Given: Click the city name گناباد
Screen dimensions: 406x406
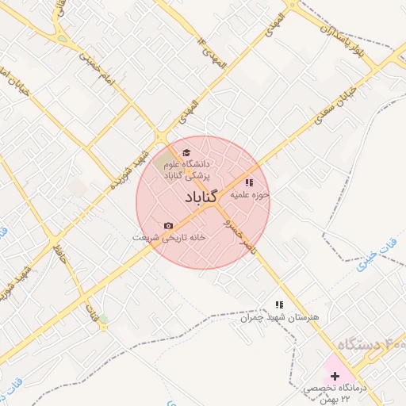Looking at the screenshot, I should (x=204, y=197).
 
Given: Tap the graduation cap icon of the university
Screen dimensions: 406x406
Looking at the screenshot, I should (x=186, y=153).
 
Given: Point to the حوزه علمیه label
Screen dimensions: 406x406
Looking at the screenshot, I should (x=255, y=194).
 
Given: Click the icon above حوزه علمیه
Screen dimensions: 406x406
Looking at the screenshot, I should (x=249, y=183).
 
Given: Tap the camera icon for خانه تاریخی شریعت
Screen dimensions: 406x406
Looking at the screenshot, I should (x=168, y=226).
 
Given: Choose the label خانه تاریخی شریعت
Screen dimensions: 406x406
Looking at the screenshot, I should (x=169, y=237).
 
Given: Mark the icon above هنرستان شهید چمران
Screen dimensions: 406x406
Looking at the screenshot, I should (x=278, y=304).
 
